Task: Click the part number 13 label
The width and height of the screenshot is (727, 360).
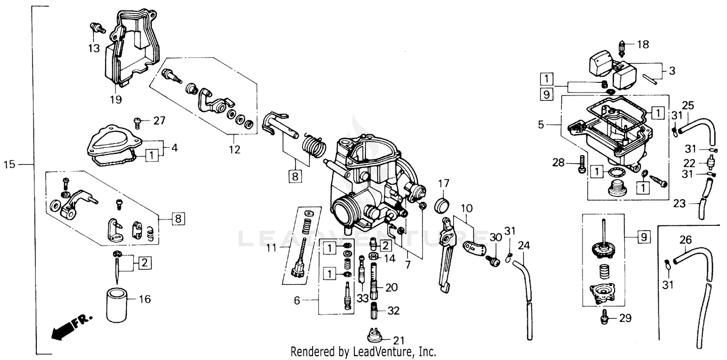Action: click(94, 48)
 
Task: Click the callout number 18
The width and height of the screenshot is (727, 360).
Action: click(642, 45)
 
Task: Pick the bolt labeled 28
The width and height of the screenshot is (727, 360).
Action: click(581, 165)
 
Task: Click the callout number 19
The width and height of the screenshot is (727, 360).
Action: click(116, 100)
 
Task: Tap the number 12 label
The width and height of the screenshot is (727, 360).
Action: click(235, 150)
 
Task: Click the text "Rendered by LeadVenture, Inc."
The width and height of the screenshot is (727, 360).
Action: click(363, 352)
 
